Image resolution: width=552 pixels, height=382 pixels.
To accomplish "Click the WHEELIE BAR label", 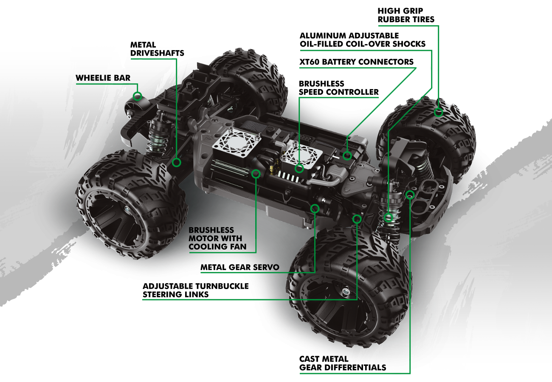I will point(103,78).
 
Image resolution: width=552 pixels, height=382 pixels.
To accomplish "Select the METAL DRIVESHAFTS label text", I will point(157,49).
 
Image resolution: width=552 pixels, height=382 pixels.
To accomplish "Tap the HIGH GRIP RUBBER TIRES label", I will point(406,15).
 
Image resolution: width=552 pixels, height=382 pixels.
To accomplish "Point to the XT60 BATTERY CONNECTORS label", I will point(356,62).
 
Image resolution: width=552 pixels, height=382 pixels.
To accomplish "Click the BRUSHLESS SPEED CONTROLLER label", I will point(338,88).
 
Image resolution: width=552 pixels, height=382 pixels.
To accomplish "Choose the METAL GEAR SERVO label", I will point(239,267).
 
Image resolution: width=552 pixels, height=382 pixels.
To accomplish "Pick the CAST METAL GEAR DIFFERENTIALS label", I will point(342,363).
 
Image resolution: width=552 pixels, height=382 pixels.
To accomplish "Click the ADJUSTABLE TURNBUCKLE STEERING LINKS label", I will point(195,290).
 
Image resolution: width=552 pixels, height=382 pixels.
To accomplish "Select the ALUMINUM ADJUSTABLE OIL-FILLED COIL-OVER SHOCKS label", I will point(362,39).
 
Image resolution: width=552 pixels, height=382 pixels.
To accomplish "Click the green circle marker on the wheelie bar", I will point(137,96).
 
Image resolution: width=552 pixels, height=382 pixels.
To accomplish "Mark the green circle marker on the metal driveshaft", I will point(177,162).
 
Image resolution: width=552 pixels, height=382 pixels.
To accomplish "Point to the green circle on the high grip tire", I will point(439,112).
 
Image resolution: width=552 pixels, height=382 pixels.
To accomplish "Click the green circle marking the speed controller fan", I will point(299,168).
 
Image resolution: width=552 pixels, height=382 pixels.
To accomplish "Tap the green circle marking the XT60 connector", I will point(347,155).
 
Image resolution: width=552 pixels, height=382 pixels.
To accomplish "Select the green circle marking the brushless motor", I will point(256,173).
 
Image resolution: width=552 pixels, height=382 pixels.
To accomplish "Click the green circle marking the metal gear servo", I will point(315,208).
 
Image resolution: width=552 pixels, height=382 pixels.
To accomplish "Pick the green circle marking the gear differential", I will point(410,194).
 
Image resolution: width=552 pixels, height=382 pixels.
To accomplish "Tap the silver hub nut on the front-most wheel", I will point(346,292).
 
